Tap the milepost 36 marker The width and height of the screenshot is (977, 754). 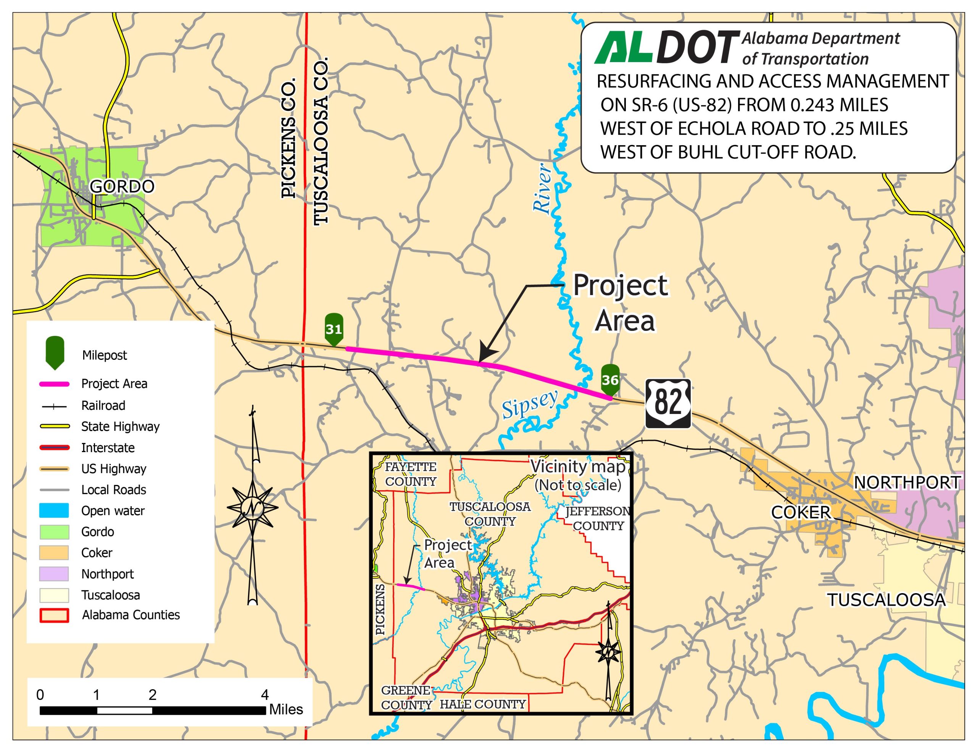click(x=610, y=380)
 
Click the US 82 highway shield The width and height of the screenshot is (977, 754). click(x=668, y=404)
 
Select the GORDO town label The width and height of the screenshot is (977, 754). click(x=122, y=186)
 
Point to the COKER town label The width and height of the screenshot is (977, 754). click(x=801, y=512)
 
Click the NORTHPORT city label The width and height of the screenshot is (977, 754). click(x=907, y=483)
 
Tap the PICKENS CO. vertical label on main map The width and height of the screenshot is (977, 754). click(x=289, y=138)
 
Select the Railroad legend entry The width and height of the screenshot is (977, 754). click(x=103, y=405)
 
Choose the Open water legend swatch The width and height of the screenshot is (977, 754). click(x=54, y=510)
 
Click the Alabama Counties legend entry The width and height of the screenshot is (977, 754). click(x=131, y=615)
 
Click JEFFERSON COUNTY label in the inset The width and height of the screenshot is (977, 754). click(x=598, y=518)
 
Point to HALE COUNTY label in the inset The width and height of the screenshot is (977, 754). click(x=483, y=704)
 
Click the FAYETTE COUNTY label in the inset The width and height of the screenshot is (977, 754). click(x=411, y=474)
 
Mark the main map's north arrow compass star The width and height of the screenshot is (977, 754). click(x=252, y=508)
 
